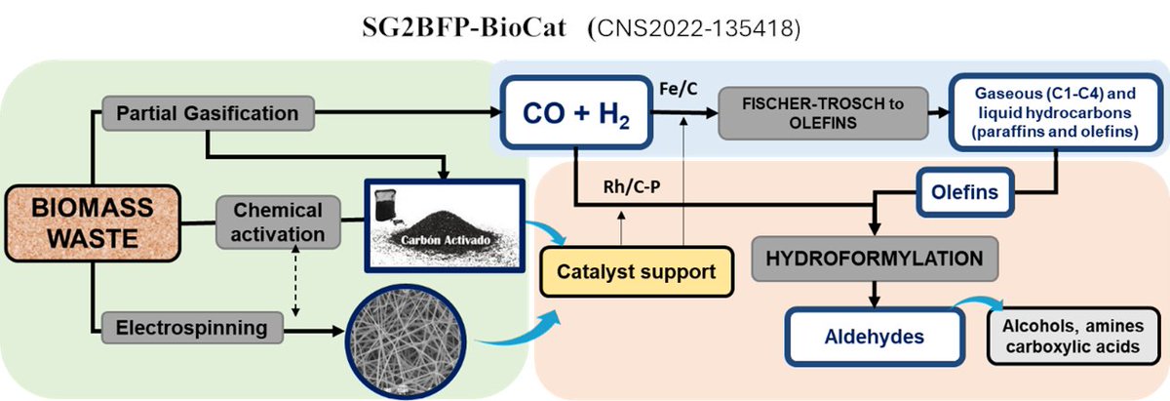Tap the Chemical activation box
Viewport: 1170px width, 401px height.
tap(279, 222)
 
